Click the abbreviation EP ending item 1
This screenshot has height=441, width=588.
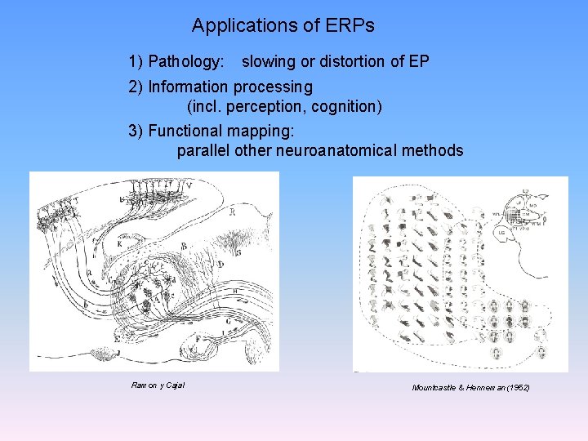pos(419,62)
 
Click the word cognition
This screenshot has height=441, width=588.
pos(349,107)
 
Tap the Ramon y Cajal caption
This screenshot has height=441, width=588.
pos(158,385)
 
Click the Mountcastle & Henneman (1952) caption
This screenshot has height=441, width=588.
pos(470,387)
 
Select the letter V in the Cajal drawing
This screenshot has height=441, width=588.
pos(189,186)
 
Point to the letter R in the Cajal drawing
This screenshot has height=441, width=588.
pos(232,212)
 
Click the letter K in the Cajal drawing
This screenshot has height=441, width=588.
pos(119,243)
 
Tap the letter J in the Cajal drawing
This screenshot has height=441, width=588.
pos(119,352)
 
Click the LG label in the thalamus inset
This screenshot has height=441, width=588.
pos(501,234)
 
